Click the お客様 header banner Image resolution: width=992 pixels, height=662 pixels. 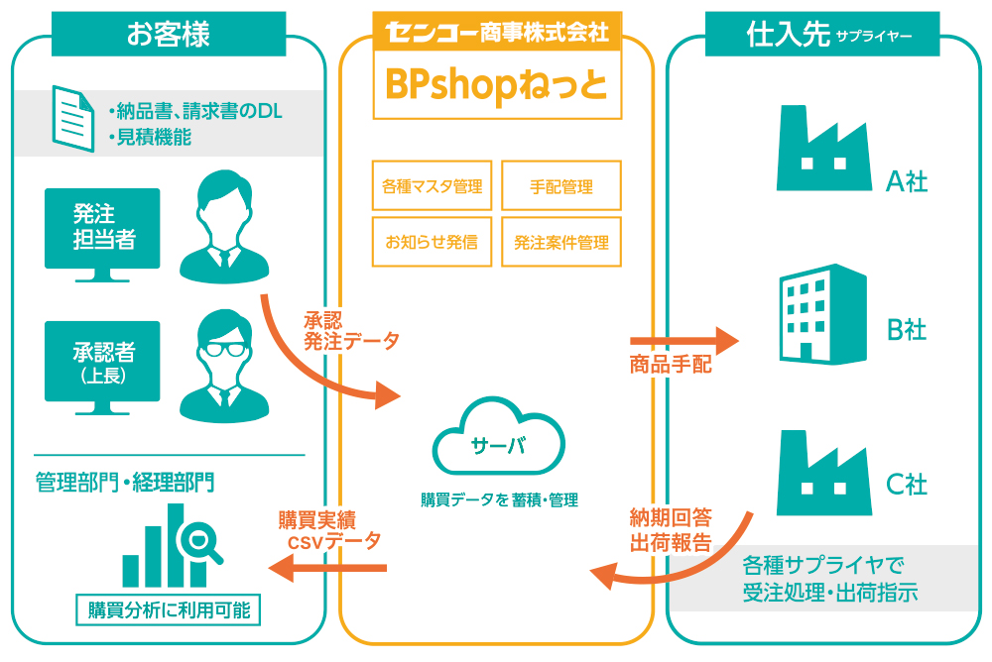pyautogui.click(x=169, y=35)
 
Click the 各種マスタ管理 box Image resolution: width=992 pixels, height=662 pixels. pyautogui.click(x=432, y=186)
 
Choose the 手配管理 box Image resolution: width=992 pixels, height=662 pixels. pyautogui.click(x=561, y=186)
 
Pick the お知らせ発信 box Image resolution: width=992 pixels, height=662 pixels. pyautogui.click(x=432, y=241)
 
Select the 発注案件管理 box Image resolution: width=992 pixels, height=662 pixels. pyautogui.click(x=561, y=241)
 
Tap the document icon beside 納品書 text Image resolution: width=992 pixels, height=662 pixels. pyautogui.click(x=72, y=118)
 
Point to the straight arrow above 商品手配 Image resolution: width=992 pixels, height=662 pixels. pyautogui.click(x=684, y=342)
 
